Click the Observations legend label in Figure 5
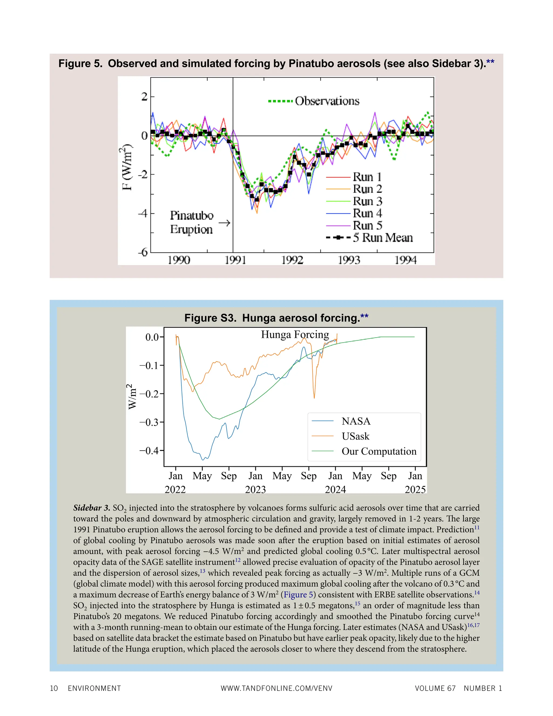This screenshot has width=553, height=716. (x=327, y=101)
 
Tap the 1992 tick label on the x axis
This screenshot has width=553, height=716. (x=292, y=260)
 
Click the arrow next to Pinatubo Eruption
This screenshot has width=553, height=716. (x=224, y=223)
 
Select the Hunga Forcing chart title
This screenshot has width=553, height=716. (x=295, y=334)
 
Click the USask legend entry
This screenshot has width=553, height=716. (x=355, y=436)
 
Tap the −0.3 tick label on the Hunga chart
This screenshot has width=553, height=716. (x=149, y=422)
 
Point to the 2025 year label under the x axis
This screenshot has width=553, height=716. (x=415, y=490)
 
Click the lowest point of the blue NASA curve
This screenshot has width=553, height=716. (x=203, y=460)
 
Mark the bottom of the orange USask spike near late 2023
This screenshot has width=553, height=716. (x=314, y=398)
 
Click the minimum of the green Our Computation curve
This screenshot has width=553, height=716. (x=219, y=419)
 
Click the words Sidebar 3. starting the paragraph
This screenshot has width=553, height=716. (x=92, y=508)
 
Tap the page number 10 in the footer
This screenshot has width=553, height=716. (x=54, y=688)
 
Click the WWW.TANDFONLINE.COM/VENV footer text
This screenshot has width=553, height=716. (x=276, y=688)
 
